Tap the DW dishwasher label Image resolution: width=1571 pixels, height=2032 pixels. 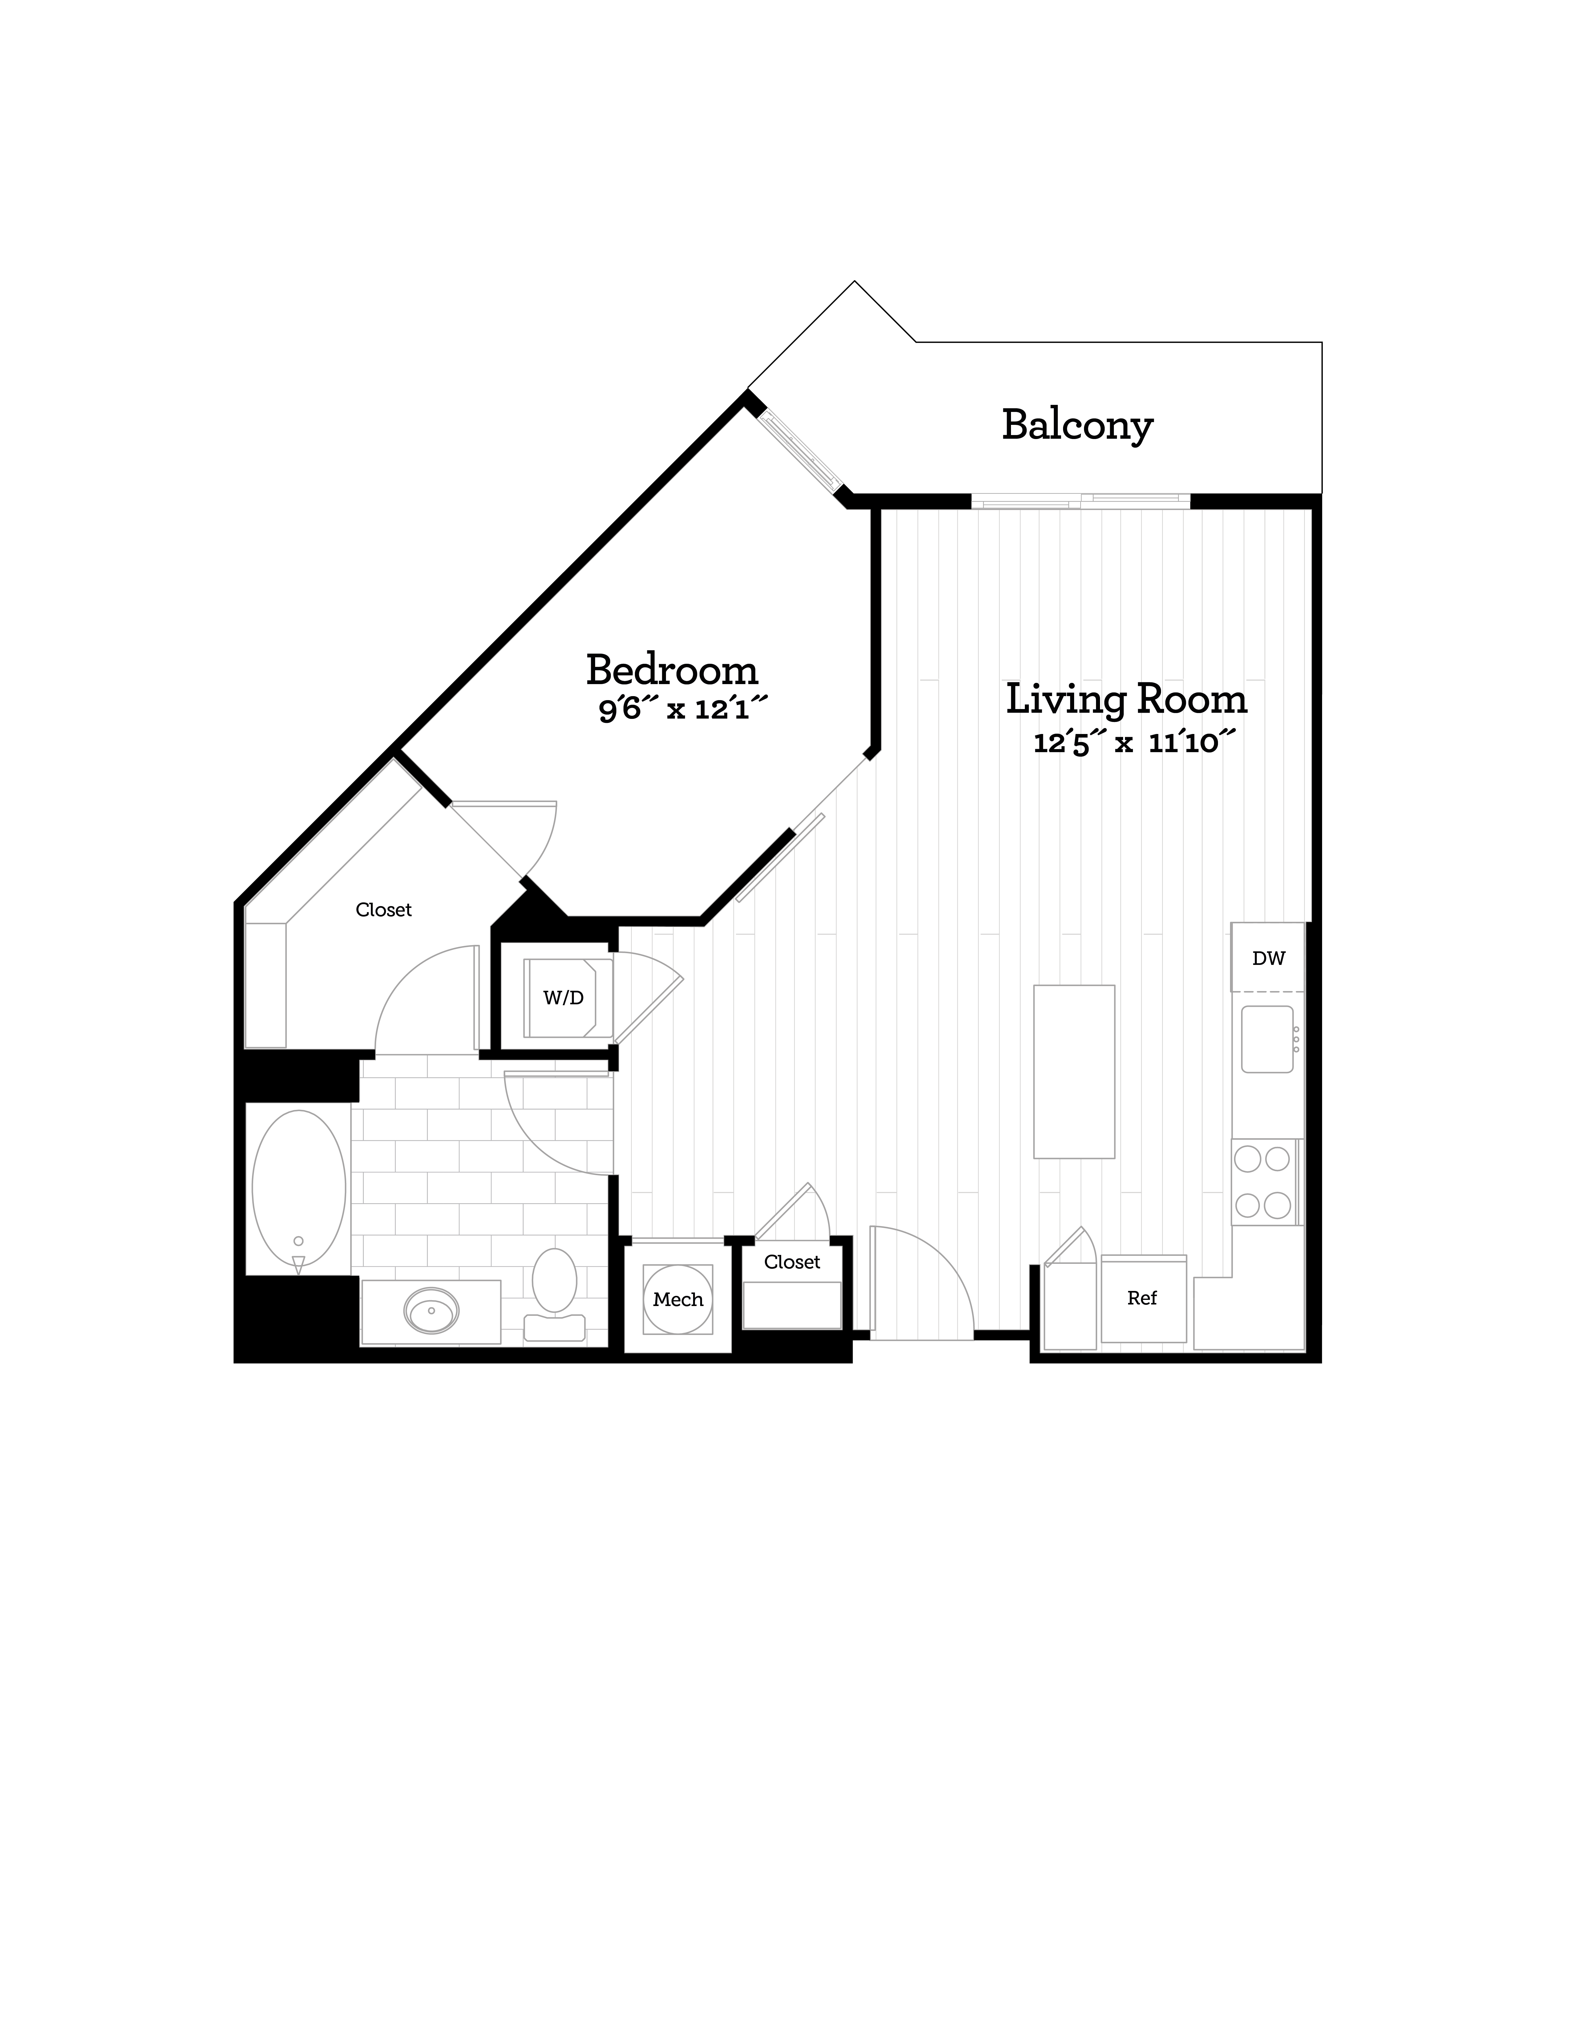[1268, 958]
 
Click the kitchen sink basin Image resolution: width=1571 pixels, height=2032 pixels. [1266, 1038]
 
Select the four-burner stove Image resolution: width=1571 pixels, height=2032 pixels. [1263, 1182]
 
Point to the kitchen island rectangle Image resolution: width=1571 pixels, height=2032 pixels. [1074, 1072]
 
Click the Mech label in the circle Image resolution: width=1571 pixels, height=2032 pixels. [678, 1300]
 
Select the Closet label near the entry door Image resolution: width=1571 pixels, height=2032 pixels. [792, 1262]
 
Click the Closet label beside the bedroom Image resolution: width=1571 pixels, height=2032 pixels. [384, 910]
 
